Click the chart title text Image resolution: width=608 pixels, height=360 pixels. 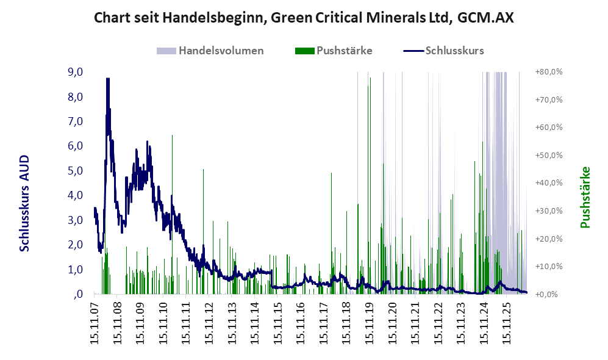pos(304,18)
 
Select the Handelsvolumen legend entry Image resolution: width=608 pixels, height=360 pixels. pos(210,51)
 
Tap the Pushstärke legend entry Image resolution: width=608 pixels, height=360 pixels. pos(334,51)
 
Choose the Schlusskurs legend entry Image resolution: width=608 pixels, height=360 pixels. pos(443,51)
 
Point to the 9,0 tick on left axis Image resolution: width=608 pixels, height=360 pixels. pos(75,72)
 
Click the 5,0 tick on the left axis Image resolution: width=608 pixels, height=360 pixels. pos(75,171)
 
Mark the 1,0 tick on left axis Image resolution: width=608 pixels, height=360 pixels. pos(75,270)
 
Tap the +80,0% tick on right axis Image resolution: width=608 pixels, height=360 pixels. pos(549,72)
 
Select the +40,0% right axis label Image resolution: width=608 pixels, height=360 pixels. pos(549,183)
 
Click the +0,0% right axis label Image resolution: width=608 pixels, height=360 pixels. pos(549,295)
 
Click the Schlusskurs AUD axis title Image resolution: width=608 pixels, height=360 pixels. pos(24,203)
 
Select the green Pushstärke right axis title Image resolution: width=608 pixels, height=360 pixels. pos(585,197)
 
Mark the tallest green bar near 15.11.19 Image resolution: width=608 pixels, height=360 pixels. pos(370,186)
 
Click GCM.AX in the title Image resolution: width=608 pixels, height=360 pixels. pos(485,18)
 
